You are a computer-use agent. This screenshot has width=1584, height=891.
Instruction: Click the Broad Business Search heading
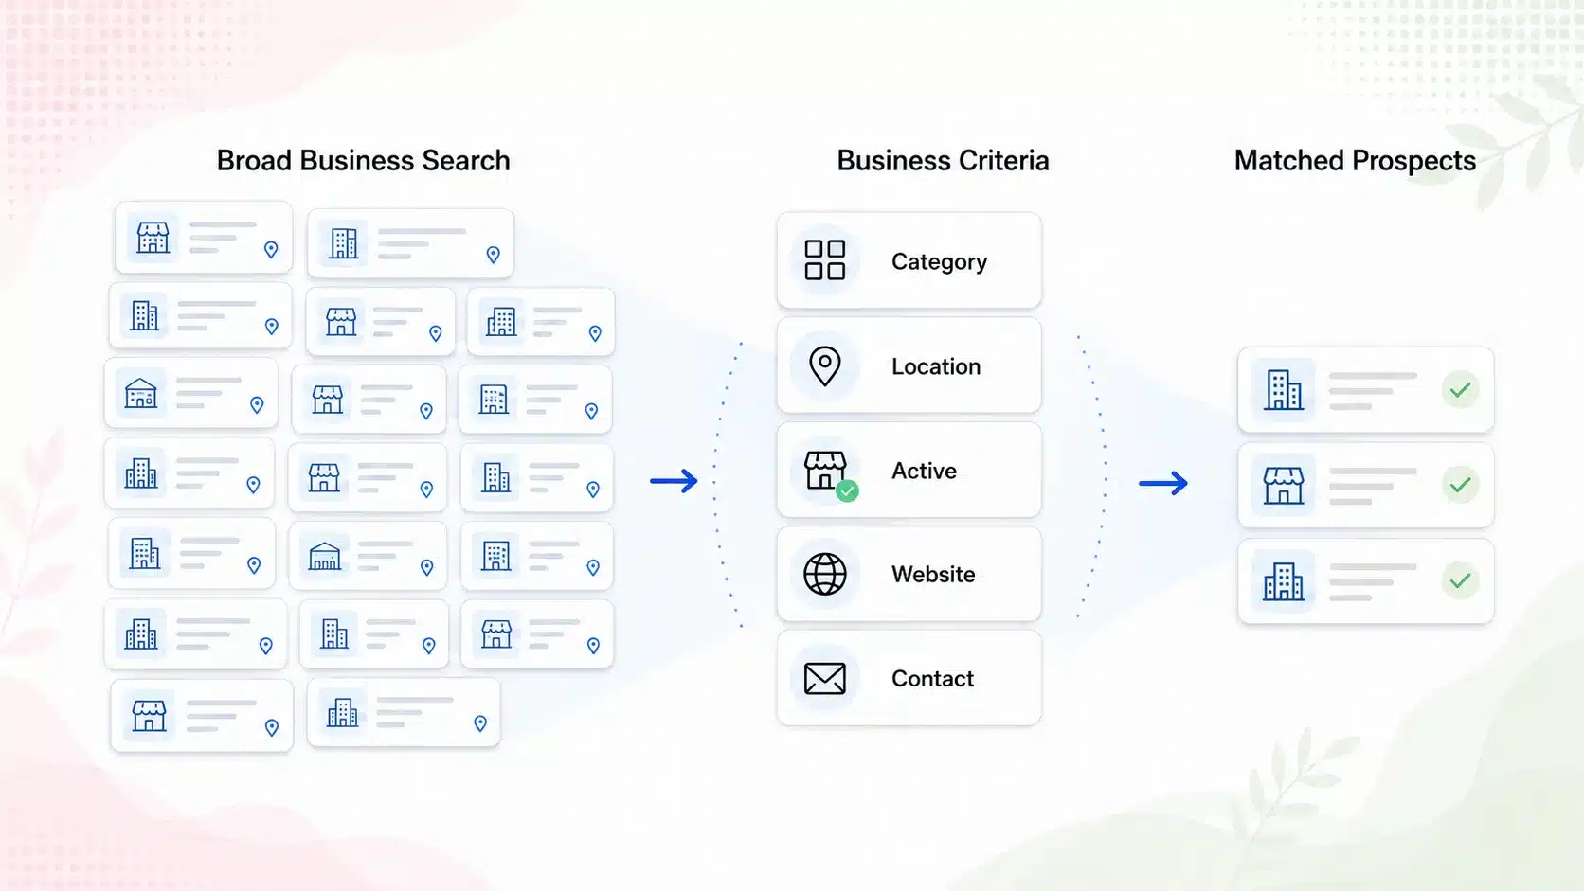pos(363,160)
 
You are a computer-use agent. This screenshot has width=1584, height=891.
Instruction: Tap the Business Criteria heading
pos(943,160)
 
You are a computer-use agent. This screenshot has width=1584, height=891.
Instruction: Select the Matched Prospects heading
pos(1355,160)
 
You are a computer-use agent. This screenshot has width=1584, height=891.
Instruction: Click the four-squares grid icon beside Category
pos(824,260)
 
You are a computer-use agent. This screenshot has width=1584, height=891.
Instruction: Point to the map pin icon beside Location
pos(824,366)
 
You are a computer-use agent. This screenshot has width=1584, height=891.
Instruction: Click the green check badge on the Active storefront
pos(847,490)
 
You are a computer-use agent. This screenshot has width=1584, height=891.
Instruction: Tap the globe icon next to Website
pos(824,574)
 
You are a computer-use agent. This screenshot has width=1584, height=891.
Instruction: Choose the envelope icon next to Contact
pos(824,678)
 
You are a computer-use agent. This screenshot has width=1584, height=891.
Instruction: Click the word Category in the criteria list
pos(939,262)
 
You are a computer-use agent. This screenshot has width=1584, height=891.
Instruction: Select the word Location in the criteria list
pos(936,366)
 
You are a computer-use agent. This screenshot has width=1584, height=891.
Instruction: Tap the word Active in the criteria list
pos(924,471)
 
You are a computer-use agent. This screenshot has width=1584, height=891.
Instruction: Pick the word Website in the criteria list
pos(933,575)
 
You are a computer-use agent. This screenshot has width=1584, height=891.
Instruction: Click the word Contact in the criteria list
pos(932,678)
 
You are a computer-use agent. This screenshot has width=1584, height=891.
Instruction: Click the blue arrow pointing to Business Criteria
pos(674,481)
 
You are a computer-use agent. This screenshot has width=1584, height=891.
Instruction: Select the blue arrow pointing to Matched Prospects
pos(1163,483)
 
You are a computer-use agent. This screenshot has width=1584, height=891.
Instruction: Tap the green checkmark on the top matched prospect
pos(1460,389)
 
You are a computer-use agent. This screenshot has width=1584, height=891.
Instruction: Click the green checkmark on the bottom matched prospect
pos(1460,580)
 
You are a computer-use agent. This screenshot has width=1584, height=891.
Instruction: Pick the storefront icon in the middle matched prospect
pos(1283,486)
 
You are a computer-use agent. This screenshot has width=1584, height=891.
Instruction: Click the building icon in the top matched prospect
pos(1283,389)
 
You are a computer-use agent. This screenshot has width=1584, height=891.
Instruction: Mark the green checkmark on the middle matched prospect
pos(1460,485)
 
